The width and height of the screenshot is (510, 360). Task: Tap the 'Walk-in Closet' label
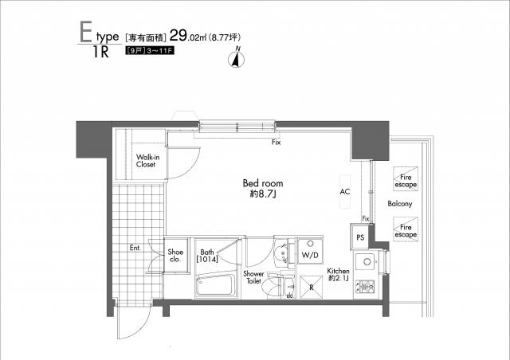pos(145,161)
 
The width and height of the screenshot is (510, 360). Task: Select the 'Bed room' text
pos(261,183)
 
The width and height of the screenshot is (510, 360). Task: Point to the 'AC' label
pos(345,192)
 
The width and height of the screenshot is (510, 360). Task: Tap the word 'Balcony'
pos(400,205)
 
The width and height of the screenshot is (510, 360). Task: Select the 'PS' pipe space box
pos(360,237)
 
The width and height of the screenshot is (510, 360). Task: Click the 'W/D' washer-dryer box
pos(310,255)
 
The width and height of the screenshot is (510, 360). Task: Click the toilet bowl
pos(276,284)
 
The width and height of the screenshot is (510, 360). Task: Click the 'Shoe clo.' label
pos(175,256)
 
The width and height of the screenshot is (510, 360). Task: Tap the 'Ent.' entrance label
pos(135,248)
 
